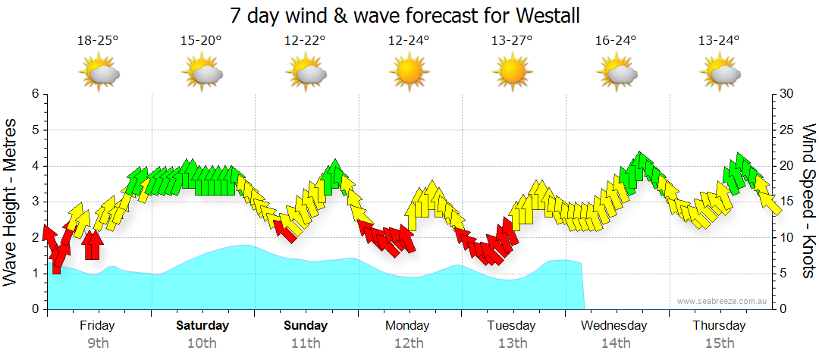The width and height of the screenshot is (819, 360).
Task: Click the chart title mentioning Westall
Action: (x=409, y=15)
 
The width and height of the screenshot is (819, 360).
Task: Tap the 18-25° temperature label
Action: (x=98, y=42)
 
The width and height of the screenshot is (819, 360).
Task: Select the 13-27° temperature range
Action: (x=513, y=42)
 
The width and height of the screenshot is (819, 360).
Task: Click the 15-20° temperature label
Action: (x=201, y=42)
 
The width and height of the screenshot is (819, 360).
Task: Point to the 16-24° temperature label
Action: (x=616, y=42)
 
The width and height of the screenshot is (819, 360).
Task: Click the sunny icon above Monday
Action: (x=409, y=74)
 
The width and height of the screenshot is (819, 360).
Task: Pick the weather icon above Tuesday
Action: (x=513, y=74)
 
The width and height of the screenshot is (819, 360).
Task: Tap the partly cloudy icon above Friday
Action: (x=99, y=74)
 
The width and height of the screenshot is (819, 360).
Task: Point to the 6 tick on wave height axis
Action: (x=34, y=94)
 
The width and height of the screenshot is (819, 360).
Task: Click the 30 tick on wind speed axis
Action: (x=787, y=94)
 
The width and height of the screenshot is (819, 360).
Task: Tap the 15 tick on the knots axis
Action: (x=787, y=202)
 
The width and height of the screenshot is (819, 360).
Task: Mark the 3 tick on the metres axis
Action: (x=34, y=202)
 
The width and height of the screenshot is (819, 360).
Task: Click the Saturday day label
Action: (x=202, y=326)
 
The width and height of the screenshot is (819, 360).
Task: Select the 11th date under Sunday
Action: (x=306, y=343)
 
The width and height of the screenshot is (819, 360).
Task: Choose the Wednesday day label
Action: (x=614, y=326)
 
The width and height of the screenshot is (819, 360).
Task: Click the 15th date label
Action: (x=719, y=343)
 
